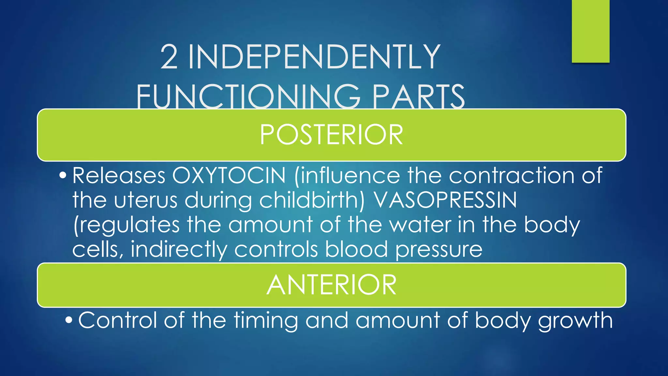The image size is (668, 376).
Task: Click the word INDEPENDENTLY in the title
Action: pos(314,57)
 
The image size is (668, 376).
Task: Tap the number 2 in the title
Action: pos(169,57)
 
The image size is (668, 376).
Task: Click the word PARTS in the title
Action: pos(418,97)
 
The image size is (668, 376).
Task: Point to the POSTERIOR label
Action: pos(331,135)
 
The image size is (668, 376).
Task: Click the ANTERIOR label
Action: pos(331,285)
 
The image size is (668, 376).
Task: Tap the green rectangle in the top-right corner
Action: pos(590,31)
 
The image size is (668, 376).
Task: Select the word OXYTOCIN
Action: pos(229,176)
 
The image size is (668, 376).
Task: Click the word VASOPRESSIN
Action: pos(445,200)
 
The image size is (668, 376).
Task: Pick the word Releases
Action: pos(119,176)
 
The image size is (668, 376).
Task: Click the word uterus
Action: pos(146,200)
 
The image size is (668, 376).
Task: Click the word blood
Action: pos(356,249)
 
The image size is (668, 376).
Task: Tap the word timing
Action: pos(266,321)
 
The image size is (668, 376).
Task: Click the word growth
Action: pos(575,321)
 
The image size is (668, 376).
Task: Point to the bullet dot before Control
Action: pos(68,320)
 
